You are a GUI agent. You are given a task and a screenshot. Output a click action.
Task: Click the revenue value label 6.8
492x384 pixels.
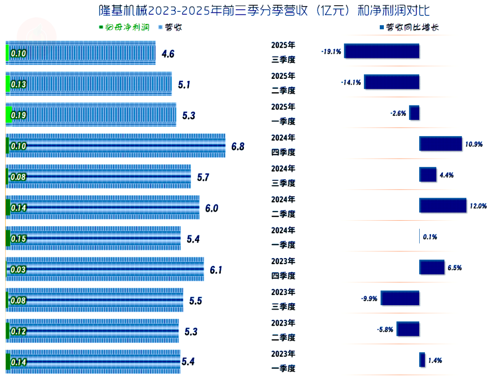tap(238, 146)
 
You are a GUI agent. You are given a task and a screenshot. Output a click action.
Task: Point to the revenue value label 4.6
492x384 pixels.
tap(168, 54)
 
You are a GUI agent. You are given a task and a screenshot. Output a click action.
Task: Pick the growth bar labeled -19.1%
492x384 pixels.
tap(382, 51)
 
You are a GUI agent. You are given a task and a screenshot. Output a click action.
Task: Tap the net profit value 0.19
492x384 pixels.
tap(18, 116)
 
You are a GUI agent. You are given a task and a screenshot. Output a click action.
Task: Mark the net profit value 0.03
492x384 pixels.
tap(18, 270)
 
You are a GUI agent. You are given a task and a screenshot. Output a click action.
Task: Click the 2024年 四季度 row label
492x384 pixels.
tap(283, 145)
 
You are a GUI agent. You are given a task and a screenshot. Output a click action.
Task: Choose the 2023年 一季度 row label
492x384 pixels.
tap(283, 361)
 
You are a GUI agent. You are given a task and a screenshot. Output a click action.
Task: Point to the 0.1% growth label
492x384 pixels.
tap(430, 237)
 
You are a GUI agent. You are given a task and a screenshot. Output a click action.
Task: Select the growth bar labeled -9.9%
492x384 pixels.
tap(400, 298)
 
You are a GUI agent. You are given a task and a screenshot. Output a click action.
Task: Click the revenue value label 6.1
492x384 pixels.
tap(216, 270)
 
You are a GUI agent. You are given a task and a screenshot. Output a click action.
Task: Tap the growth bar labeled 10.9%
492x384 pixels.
tap(440, 144)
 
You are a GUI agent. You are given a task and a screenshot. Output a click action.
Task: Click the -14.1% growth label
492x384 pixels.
tap(351, 82)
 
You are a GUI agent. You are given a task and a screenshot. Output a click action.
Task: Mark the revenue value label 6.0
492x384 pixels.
tap(212, 208)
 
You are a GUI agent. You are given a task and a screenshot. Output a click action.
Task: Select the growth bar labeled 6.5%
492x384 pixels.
tap(432, 267)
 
